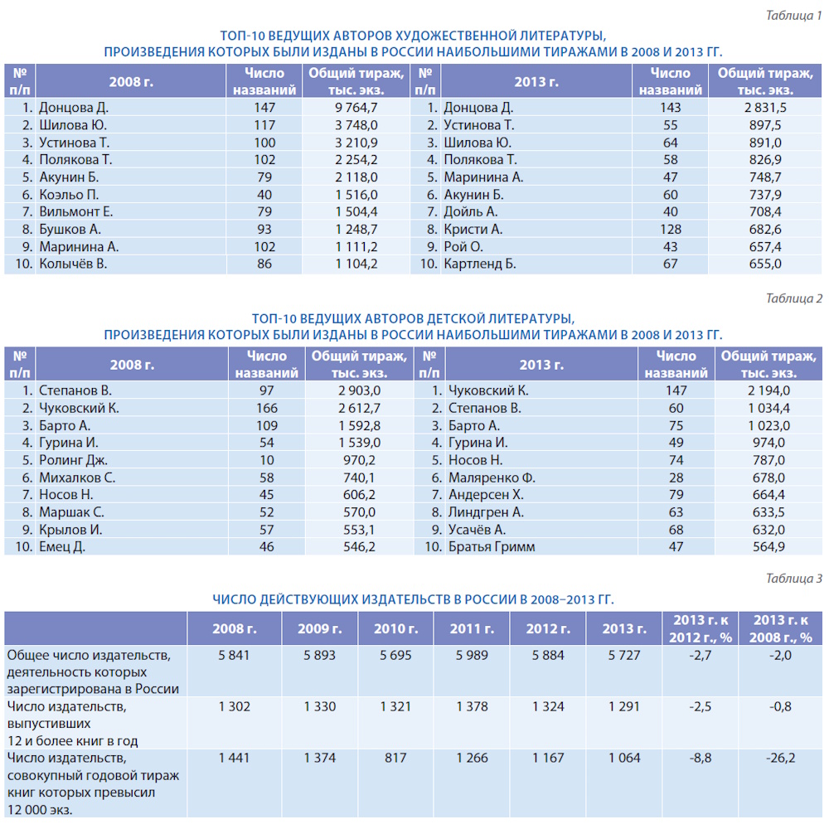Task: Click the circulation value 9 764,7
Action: (356, 108)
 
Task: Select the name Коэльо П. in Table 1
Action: (69, 195)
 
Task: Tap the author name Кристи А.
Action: (473, 230)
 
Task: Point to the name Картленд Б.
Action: (480, 264)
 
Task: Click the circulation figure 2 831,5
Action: (765, 108)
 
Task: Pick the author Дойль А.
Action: (471, 212)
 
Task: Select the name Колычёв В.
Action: (73, 264)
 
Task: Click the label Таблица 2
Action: (794, 298)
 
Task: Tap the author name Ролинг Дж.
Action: (73, 460)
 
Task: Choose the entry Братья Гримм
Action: (492, 547)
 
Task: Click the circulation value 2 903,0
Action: (359, 390)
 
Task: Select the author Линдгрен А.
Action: (486, 512)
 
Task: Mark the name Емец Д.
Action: (62, 547)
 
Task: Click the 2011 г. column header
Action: (472, 629)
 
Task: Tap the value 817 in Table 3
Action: (395, 758)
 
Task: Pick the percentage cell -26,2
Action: (780, 758)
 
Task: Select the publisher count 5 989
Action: (472, 656)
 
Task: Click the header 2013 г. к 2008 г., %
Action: (780, 629)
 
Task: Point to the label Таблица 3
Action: (794, 579)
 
